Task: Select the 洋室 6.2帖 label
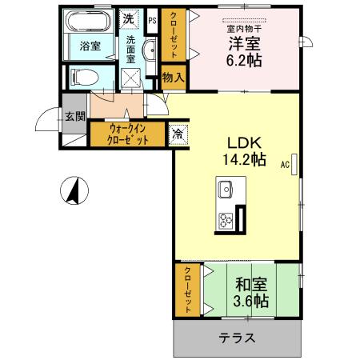245,50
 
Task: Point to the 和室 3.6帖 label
250,292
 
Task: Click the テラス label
238,338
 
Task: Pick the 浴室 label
90,46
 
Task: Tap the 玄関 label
74,116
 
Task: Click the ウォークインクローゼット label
128,132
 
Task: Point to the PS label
152,18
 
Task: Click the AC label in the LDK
285,166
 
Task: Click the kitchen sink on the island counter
223,191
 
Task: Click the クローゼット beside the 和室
187,289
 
